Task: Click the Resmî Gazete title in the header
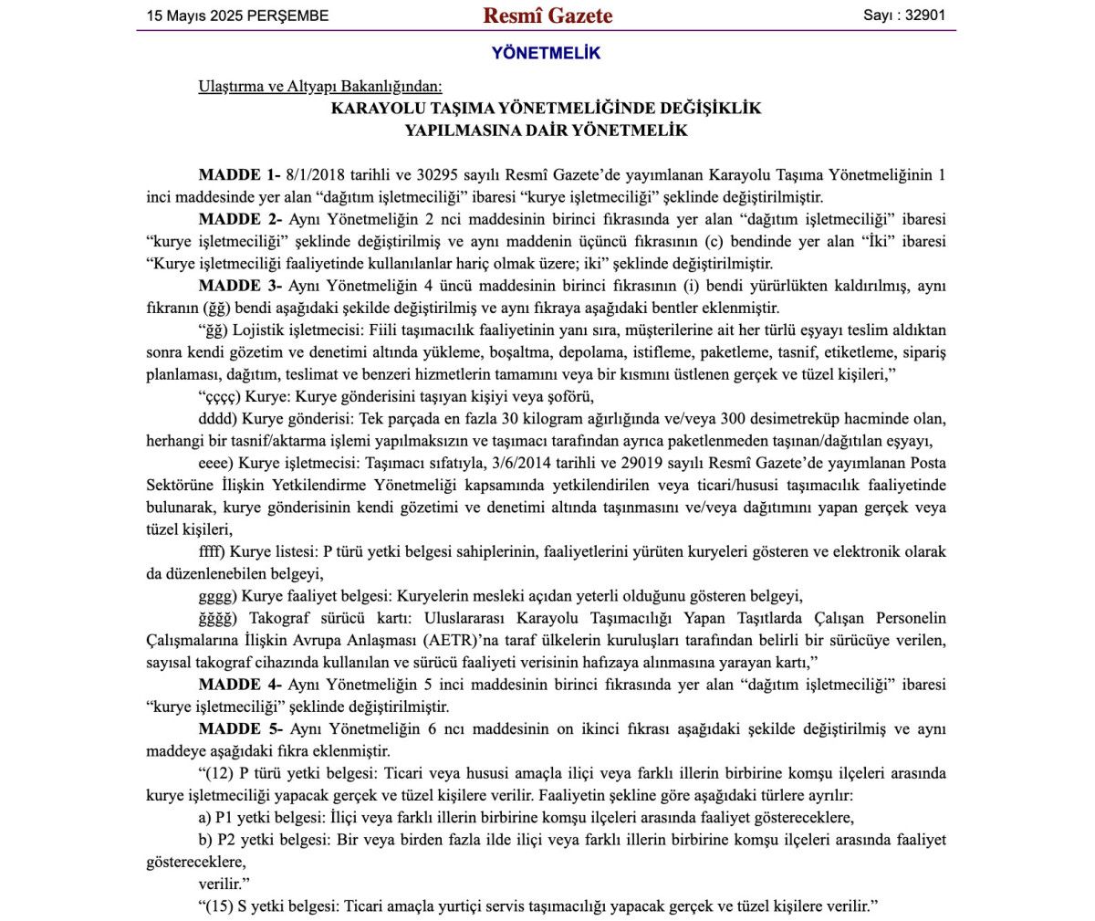547,16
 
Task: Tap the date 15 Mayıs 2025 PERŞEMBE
238,16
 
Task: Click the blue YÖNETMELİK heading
546,53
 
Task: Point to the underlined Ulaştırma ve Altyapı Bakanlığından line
319,87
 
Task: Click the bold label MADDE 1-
239,174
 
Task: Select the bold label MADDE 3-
239,286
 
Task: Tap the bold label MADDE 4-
239,685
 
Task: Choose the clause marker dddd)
217,419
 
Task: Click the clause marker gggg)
217,596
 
